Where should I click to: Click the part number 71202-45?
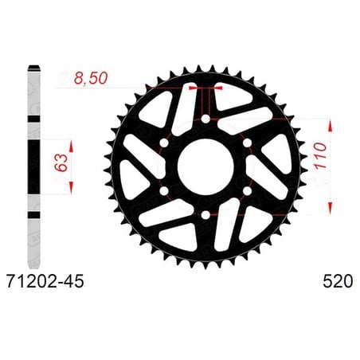point(45,281)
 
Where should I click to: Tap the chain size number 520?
point(338,281)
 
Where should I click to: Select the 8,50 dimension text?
point(91,78)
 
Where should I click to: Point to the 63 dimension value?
point(61,162)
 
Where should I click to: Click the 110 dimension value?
point(320,155)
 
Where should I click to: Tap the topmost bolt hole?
point(205,119)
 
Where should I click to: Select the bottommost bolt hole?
point(205,215)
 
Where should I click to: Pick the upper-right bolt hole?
point(247,143)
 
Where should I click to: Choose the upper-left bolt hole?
point(164,143)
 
